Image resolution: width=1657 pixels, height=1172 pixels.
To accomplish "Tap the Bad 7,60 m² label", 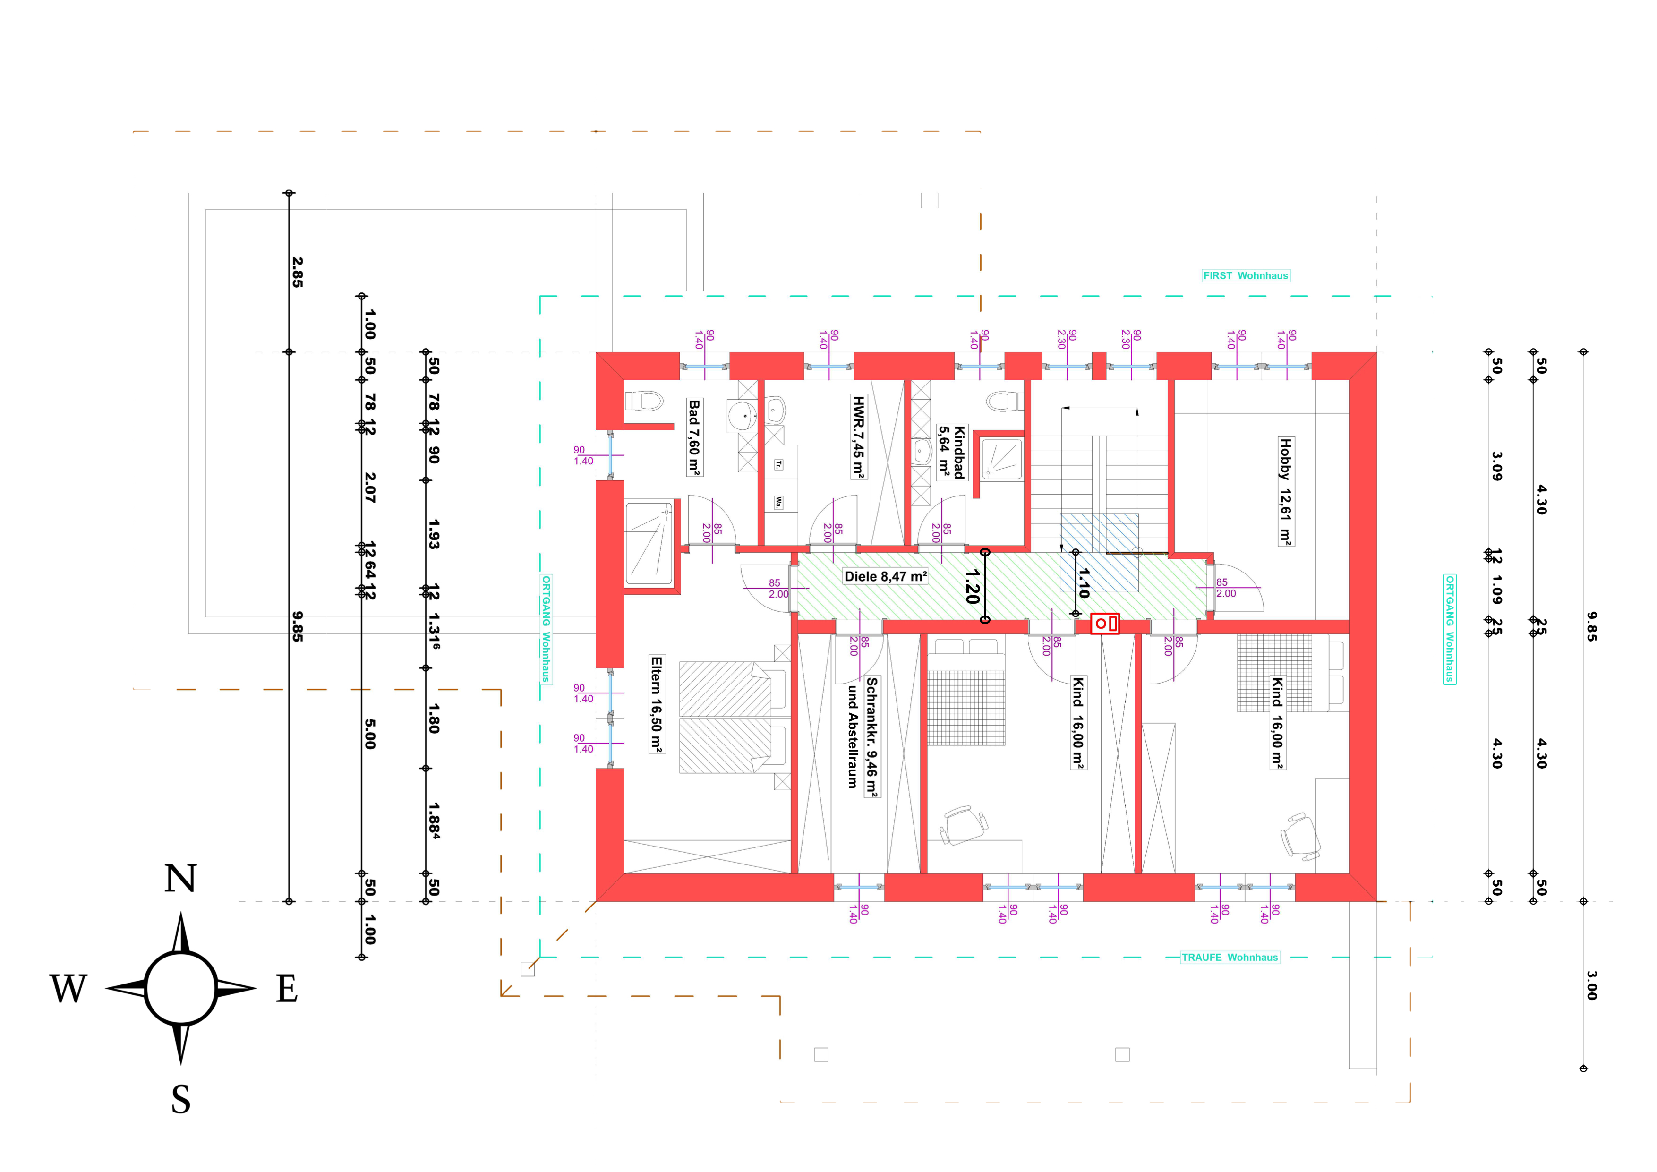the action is tap(694, 437).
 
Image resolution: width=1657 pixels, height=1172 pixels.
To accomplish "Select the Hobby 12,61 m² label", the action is tap(1285, 491).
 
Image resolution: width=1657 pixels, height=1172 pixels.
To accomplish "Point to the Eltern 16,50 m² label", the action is tap(656, 704).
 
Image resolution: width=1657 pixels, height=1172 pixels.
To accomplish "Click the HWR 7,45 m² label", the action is tap(858, 436).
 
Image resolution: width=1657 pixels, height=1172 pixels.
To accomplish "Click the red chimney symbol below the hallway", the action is tap(1105, 624).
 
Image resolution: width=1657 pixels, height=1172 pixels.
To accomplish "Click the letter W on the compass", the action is tap(68, 989).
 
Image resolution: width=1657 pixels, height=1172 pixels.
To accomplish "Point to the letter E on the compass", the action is tap(287, 989).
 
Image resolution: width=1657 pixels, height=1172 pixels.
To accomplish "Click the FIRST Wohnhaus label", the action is tap(1246, 276).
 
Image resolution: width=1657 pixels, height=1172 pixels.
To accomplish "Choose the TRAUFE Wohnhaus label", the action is tap(1230, 958).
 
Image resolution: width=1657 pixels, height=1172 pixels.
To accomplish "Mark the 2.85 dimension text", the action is tap(297, 273).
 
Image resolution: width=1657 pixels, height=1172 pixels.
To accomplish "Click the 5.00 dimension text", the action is tap(369, 734).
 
